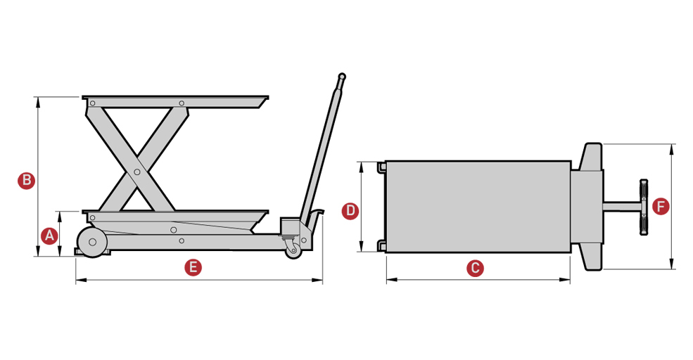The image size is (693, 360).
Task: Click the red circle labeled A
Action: pos(49,236)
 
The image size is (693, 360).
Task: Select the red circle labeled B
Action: pos(26,180)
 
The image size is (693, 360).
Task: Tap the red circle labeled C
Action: pos(476,268)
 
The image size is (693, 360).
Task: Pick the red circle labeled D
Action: pos(350,210)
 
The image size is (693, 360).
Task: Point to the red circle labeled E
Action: pos(191,267)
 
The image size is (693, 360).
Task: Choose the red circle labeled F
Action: pos(660,206)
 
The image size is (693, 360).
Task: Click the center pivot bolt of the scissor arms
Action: pos(137,171)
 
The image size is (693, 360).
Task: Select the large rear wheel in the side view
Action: pos(91,243)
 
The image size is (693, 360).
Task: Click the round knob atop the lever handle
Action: pos(342,76)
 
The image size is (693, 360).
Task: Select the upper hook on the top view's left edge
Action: pos(381,167)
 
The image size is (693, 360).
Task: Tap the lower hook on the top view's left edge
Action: pos(381,245)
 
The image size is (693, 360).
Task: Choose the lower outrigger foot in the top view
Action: pos(591,257)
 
